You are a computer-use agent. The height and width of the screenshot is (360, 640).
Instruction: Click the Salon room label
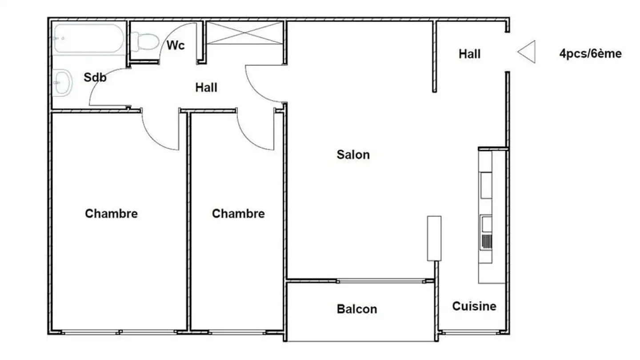353,155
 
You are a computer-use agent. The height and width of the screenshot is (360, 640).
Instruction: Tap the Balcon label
356,309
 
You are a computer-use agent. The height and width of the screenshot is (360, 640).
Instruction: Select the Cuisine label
474,306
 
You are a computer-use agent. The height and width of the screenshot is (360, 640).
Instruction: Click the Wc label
176,45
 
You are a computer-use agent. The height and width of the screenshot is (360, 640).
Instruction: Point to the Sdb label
95,77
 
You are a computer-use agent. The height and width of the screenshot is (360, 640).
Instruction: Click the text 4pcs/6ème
590,54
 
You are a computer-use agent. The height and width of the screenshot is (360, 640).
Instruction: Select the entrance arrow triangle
527,52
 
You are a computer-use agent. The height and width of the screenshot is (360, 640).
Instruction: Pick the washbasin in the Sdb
62,83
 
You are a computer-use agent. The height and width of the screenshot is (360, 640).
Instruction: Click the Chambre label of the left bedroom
111,213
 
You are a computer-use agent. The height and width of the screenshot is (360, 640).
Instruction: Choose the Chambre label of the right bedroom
238,214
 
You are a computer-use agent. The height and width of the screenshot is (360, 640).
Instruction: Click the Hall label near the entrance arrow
469,54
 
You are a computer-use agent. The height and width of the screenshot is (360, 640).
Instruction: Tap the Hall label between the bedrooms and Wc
206,88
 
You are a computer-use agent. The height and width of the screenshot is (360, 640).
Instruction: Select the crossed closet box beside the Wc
245,33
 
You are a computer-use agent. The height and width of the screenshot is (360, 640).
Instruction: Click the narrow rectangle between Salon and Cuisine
434,238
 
